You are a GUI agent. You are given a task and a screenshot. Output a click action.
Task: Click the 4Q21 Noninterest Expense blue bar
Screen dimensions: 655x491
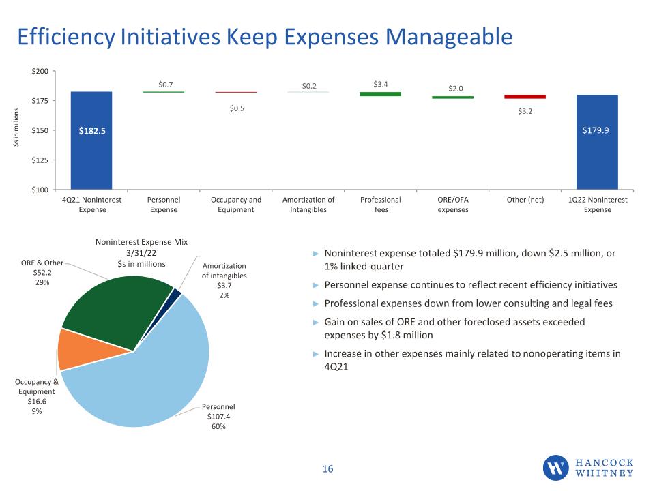(91, 140)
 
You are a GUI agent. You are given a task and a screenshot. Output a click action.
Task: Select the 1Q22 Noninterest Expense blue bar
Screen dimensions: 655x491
(598, 142)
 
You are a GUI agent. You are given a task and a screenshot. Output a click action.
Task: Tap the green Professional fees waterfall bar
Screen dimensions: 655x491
(381, 94)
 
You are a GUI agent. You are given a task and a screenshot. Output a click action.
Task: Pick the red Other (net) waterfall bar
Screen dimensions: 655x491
(525, 97)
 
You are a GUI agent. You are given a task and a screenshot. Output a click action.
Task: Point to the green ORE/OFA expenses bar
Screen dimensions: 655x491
(453, 98)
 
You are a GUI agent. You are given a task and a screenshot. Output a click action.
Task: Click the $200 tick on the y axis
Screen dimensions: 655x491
(40, 72)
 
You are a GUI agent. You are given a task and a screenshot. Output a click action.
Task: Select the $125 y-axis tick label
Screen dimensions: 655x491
(40, 160)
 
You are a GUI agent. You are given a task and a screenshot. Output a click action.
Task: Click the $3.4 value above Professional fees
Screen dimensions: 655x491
(381, 85)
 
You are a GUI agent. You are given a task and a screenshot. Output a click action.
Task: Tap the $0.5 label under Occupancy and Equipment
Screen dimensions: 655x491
(237, 108)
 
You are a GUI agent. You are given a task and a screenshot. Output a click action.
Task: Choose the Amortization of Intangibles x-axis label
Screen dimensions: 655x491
(308, 205)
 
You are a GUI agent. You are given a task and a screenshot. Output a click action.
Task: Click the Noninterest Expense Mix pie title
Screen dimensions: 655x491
(142, 252)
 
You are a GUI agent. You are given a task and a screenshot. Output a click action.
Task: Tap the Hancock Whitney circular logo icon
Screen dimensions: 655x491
(555, 468)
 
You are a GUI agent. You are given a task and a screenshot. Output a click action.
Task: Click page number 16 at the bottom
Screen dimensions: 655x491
(328, 469)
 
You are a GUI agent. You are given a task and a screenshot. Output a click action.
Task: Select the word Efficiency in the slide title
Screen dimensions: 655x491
(66, 37)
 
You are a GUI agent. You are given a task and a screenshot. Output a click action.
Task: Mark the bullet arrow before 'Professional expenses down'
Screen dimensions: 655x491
(316, 303)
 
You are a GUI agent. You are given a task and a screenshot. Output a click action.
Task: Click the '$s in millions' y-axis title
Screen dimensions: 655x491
(16, 128)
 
